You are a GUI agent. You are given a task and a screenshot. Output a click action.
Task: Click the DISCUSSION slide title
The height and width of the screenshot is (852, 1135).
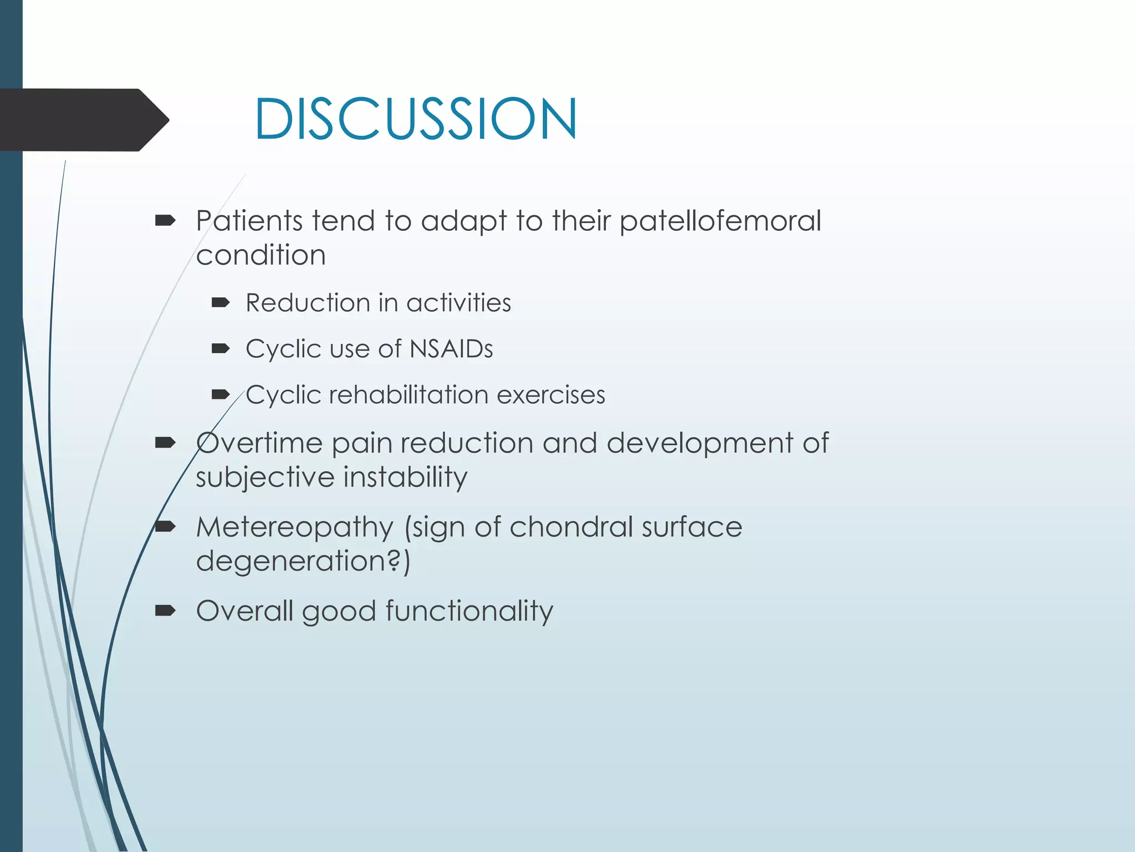click(x=416, y=119)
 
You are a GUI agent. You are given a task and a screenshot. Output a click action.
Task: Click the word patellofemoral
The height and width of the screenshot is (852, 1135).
click(x=720, y=221)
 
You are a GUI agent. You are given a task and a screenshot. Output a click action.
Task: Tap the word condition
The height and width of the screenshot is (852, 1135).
click(x=260, y=255)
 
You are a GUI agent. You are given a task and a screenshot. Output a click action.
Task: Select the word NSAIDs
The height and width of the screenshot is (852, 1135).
click(x=451, y=349)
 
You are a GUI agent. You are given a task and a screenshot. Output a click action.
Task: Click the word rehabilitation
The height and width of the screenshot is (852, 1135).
click(x=408, y=395)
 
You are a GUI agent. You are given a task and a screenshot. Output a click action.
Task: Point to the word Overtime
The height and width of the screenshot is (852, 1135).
click(x=259, y=443)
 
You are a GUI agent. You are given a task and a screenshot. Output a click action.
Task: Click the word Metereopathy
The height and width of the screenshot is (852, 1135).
click(x=294, y=527)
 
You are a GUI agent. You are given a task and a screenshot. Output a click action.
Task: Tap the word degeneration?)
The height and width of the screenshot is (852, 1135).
click(x=303, y=561)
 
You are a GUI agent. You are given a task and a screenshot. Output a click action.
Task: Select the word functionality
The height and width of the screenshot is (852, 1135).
click(x=469, y=611)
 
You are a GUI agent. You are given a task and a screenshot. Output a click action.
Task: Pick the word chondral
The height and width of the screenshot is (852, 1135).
click(x=571, y=527)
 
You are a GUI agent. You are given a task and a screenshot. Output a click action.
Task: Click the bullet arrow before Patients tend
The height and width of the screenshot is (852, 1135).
click(x=165, y=221)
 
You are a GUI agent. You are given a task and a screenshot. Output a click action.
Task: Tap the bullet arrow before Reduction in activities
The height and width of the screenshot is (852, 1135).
click(x=221, y=303)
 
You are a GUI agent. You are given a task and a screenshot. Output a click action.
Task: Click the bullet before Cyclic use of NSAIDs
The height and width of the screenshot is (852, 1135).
click(x=221, y=349)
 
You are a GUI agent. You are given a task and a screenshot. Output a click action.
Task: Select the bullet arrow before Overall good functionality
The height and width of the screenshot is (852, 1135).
click(x=165, y=611)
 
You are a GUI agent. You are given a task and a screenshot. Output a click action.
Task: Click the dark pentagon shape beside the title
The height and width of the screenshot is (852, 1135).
click(x=83, y=120)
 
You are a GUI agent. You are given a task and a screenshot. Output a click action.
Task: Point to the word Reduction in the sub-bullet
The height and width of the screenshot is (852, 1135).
click(x=308, y=303)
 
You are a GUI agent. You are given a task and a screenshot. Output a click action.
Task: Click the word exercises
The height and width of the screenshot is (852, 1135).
click(x=551, y=395)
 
